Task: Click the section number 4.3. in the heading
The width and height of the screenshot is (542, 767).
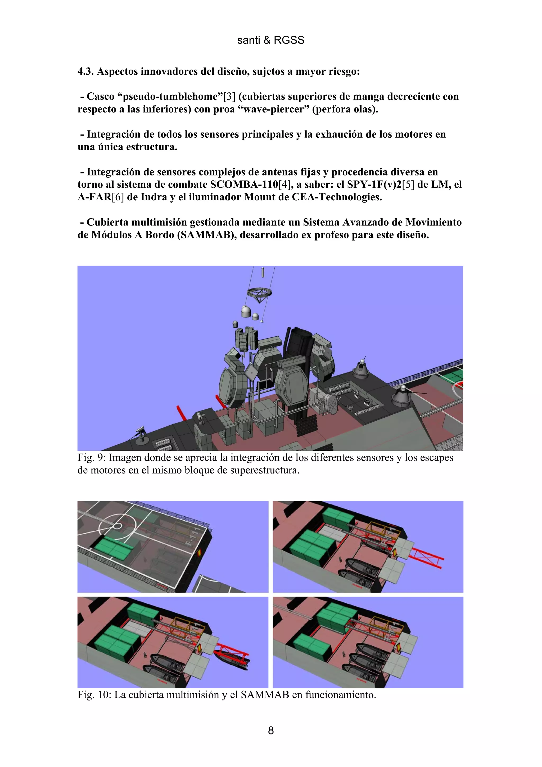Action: point(86,71)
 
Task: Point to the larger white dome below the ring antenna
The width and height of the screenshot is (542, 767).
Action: point(246,311)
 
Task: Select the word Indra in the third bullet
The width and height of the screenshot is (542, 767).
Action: point(157,197)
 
